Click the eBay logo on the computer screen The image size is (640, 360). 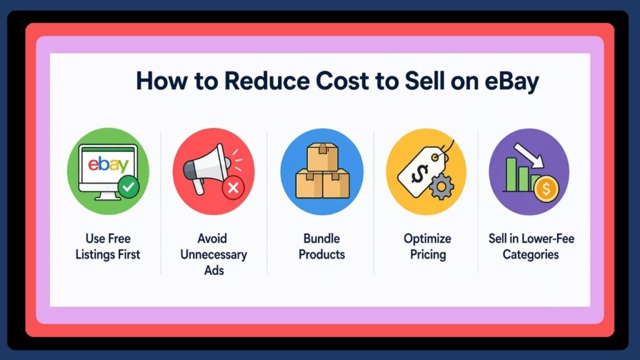click(108, 164)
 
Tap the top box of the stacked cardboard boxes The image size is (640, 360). click(322, 154)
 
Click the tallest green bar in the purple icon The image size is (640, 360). click(512, 174)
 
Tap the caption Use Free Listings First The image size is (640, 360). click(107, 246)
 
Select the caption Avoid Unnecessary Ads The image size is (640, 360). click(214, 254)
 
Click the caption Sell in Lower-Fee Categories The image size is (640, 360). click(531, 246)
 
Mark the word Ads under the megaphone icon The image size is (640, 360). click(214, 271)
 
